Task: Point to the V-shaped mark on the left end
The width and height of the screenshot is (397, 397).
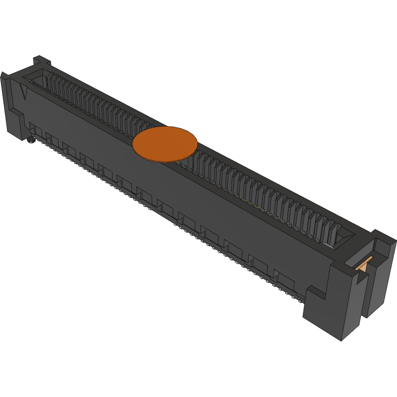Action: (24, 92)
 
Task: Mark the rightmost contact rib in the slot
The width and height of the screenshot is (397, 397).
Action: (332, 230)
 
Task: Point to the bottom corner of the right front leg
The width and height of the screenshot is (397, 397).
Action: (341, 340)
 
